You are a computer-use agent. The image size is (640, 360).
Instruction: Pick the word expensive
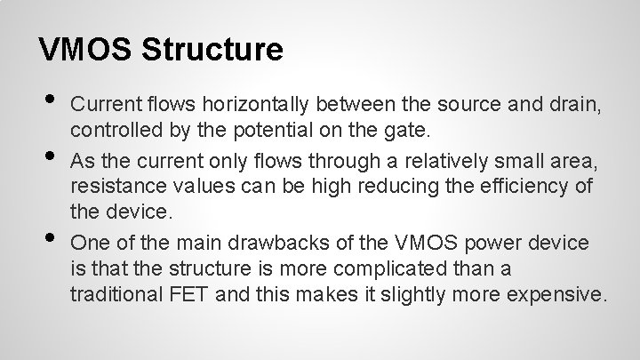click(555, 293)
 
